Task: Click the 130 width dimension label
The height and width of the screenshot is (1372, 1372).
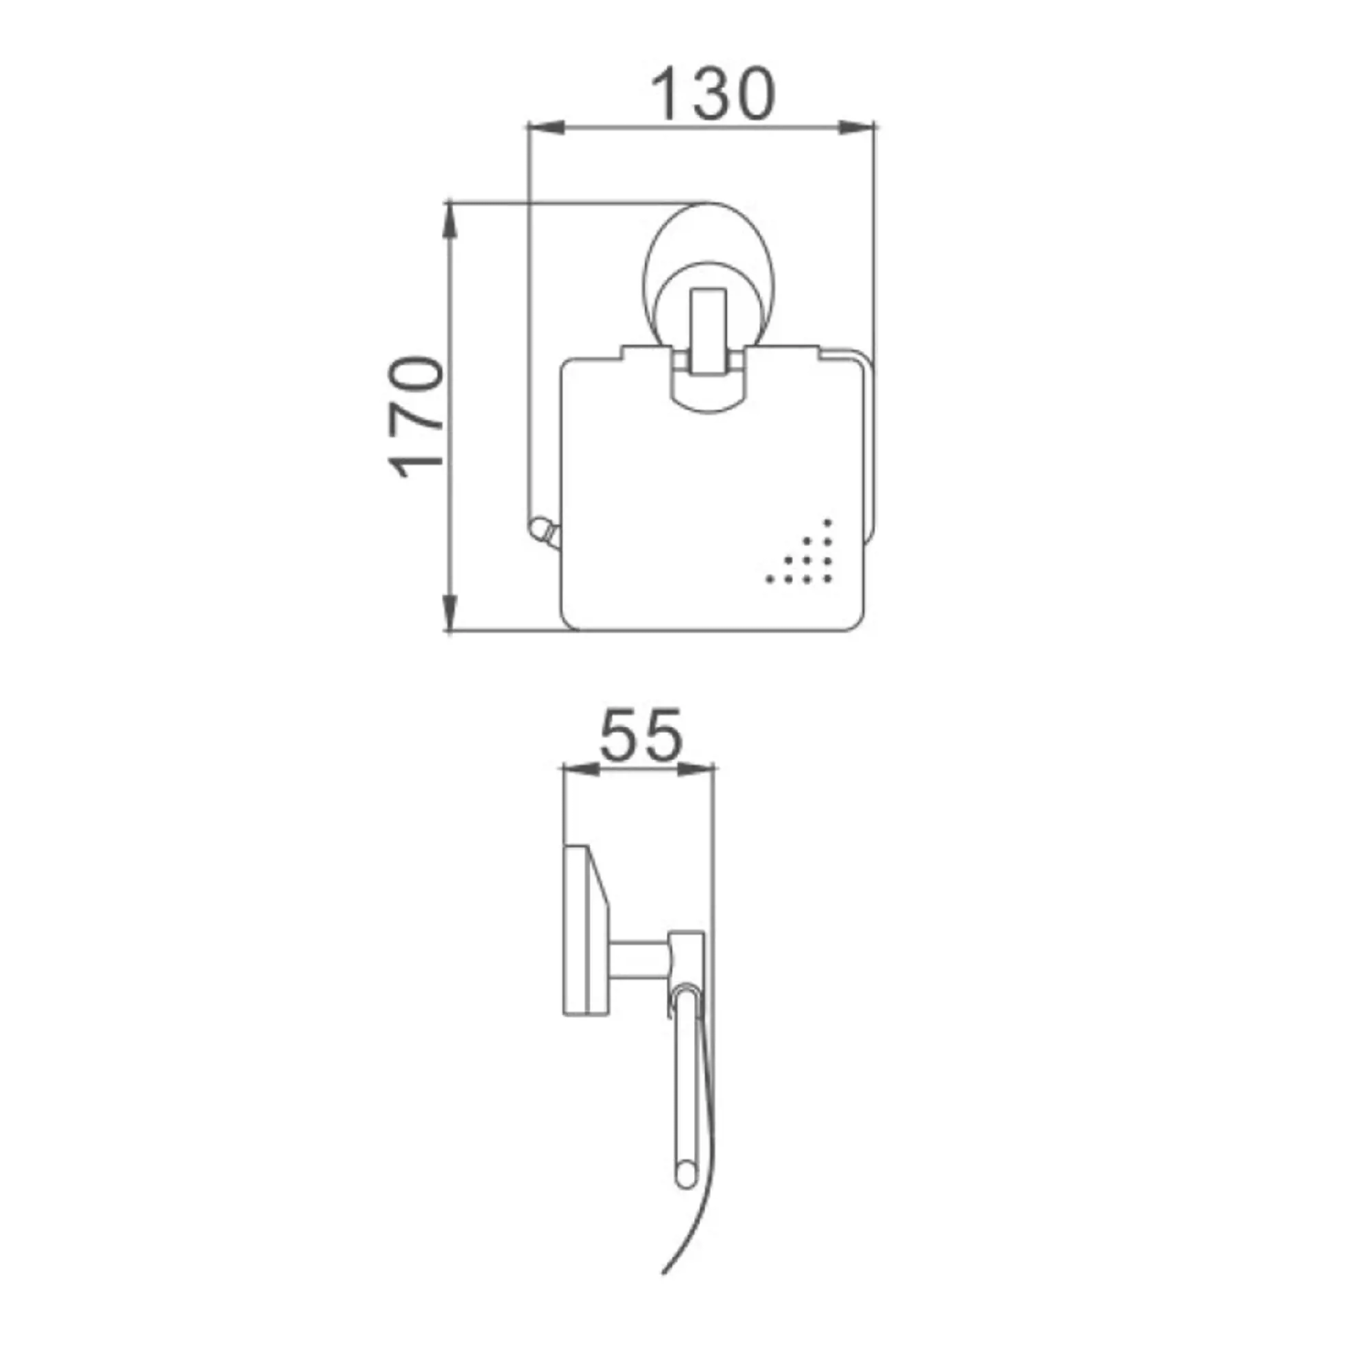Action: coord(713,93)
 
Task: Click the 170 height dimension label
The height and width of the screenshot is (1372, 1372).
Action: coord(417,417)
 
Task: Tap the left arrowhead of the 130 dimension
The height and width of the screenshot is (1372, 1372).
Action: coord(543,128)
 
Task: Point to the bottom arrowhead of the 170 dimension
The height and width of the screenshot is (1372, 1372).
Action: coord(449,613)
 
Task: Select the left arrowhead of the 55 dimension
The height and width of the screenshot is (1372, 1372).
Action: coord(580,768)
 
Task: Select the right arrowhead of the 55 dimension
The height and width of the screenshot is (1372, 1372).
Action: coord(695,768)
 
